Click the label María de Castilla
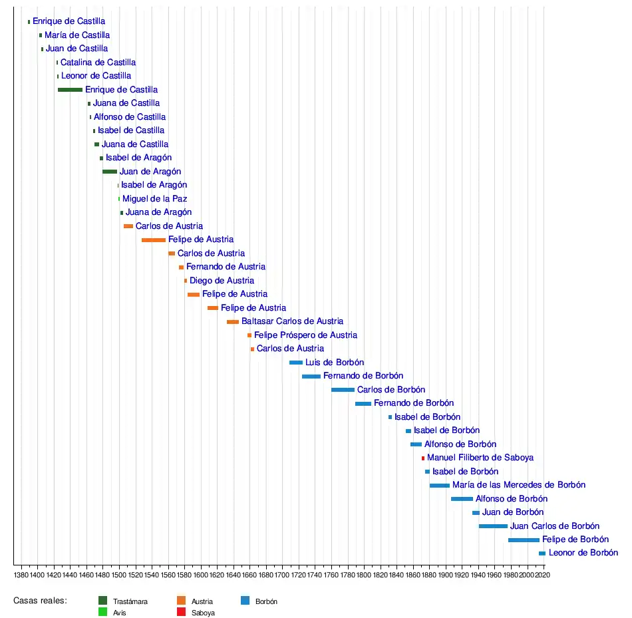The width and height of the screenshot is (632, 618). (x=77, y=35)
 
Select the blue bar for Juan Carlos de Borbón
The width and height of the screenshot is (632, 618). (x=493, y=526)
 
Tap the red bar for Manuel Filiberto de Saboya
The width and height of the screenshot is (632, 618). (x=422, y=458)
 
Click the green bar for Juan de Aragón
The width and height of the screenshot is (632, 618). (x=109, y=172)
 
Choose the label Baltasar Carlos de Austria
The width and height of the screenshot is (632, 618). (x=292, y=321)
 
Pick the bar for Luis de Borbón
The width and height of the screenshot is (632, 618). (x=296, y=363)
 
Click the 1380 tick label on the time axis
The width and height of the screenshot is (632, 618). (x=21, y=574)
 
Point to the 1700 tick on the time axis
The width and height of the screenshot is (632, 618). (x=282, y=574)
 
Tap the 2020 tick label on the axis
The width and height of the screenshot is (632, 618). (x=544, y=574)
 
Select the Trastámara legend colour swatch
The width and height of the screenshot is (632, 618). (x=102, y=601)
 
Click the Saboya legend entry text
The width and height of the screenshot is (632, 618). (x=203, y=613)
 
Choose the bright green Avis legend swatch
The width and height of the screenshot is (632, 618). (x=102, y=612)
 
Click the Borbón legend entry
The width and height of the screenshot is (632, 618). (x=266, y=601)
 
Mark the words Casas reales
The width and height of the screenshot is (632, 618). (x=40, y=601)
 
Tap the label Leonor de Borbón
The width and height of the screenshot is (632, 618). (x=583, y=553)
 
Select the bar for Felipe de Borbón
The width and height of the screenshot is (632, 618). (x=524, y=540)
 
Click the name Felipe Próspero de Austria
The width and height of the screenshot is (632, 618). (x=305, y=335)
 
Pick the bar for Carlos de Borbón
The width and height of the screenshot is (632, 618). (x=343, y=390)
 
